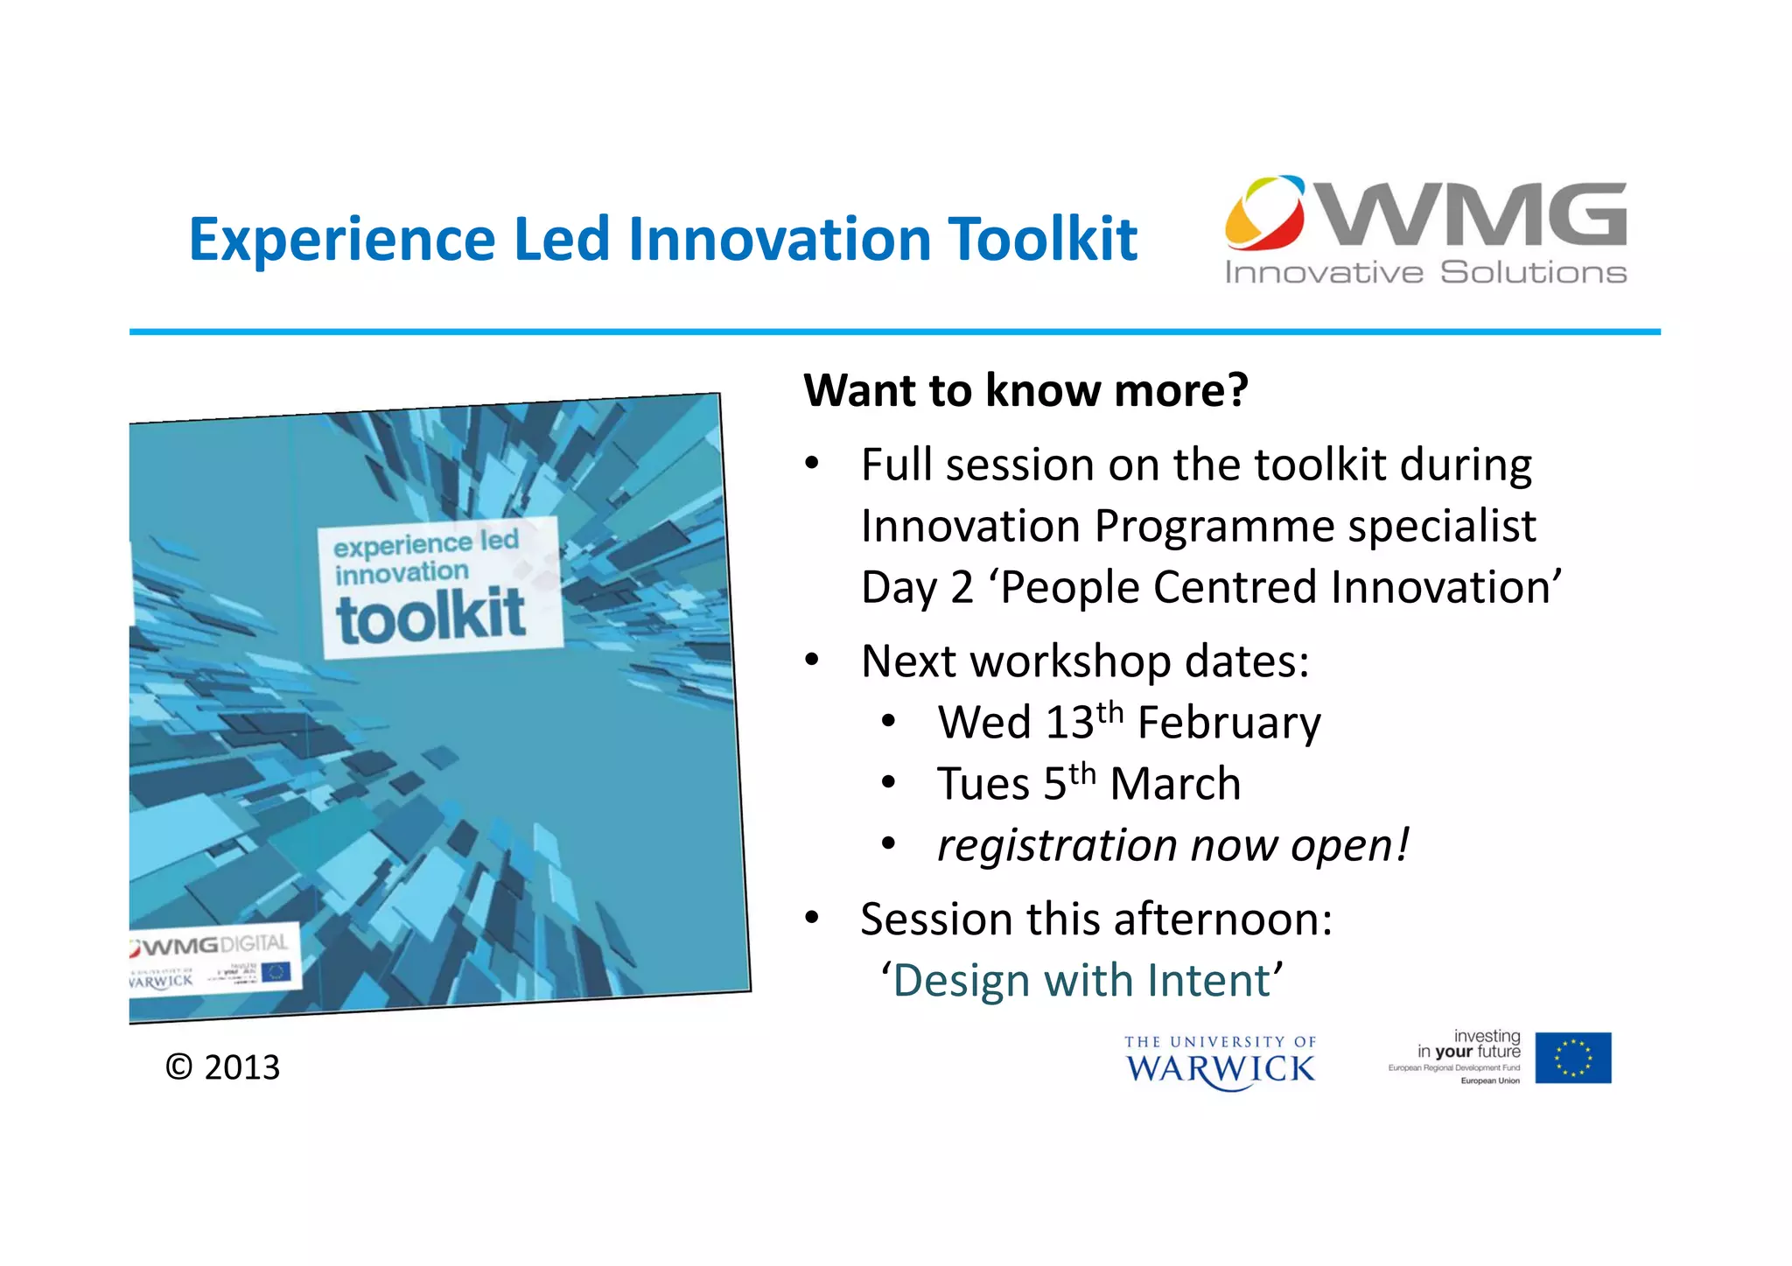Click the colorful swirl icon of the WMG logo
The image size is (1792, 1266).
point(1264,213)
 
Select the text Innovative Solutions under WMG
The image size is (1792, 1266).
point(1425,273)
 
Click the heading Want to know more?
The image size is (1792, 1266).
point(1025,390)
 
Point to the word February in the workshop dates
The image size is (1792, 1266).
point(1228,724)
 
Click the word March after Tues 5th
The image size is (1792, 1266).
point(1175,784)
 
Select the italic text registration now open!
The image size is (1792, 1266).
point(1172,845)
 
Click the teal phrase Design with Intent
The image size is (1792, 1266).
point(1081,981)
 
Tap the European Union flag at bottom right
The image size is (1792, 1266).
point(1572,1058)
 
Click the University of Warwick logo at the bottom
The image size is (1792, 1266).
point(1220,1062)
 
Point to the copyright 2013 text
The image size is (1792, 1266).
point(223,1067)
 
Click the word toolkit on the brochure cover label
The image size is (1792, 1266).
point(430,617)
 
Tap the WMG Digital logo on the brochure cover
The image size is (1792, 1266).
point(210,946)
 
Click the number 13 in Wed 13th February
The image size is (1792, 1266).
point(1069,724)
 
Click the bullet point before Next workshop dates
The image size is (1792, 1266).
point(812,660)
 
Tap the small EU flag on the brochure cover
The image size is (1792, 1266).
point(275,972)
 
